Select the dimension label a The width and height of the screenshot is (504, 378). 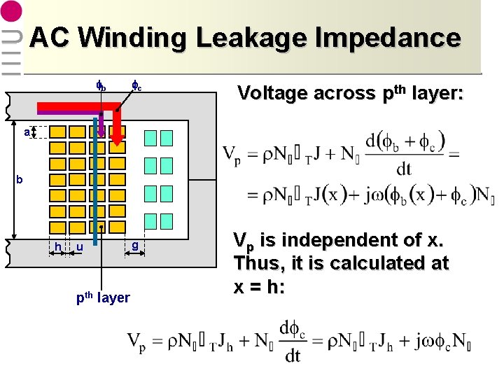point(26,132)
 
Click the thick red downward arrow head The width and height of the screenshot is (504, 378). point(118,139)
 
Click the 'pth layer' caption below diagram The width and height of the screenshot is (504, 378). point(103,297)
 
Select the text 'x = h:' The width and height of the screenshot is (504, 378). point(260,287)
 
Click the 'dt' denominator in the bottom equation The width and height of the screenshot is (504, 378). point(293,356)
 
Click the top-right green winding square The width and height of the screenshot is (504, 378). point(166,137)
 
